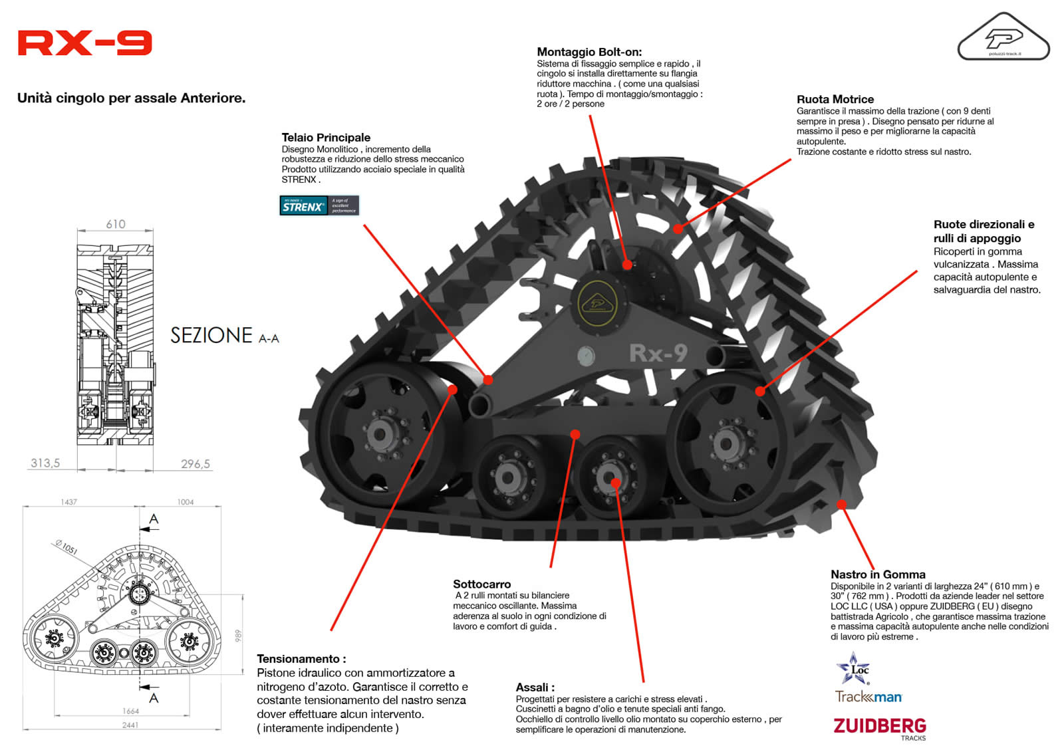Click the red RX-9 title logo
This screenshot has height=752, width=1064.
[84, 43]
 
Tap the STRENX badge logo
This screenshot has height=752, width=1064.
[319, 205]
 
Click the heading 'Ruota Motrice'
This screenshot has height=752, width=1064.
[835, 100]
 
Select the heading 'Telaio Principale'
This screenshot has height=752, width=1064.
[326, 138]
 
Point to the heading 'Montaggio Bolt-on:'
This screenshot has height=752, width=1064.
[589, 52]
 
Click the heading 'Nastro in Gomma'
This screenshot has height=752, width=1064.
[878, 574]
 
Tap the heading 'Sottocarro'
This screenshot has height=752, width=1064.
[482, 584]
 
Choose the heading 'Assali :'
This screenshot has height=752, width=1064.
[535, 688]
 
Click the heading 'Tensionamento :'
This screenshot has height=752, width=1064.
[301, 659]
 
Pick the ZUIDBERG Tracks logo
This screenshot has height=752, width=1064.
[880, 727]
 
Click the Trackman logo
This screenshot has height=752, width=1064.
[868, 697]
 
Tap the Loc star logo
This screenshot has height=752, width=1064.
[854, 668]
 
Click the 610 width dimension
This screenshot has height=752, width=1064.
[116, 225]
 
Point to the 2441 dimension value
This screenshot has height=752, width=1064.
[130, 725]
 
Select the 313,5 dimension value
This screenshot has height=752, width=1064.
[45, 463]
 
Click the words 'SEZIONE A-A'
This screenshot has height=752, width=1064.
[225, 336]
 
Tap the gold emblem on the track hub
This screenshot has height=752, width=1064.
[598, 303]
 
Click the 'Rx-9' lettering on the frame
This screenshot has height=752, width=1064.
[658, 353]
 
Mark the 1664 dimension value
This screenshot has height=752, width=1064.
[131, 711]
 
